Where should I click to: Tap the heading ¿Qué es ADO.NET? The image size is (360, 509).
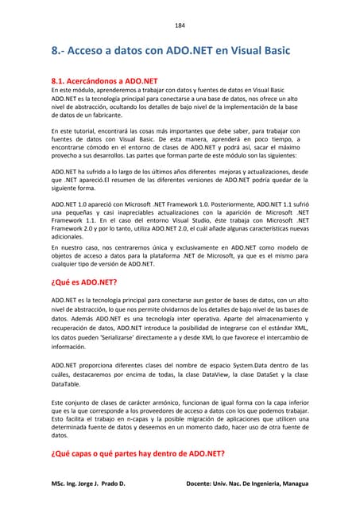[x=84, y=282]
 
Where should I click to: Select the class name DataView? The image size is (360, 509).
[x=216, y=374]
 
